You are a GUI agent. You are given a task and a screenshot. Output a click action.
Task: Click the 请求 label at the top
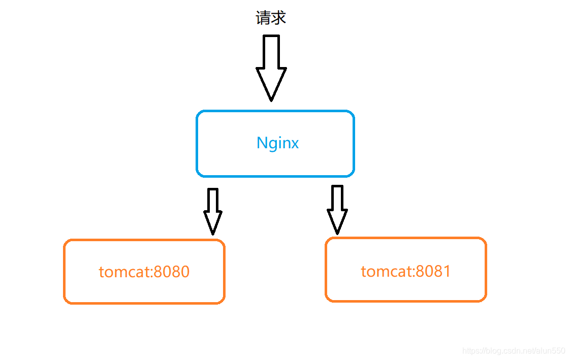pyautogui.click(x=271, y=18)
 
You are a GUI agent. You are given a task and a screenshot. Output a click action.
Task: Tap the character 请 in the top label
pyautogui.click(x=263, y=18)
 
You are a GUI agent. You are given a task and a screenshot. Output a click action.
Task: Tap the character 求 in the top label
pyautogui.click(x=279, y=18)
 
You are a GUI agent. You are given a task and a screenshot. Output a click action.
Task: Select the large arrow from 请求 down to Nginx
pyautogui.click(x=271, y=66)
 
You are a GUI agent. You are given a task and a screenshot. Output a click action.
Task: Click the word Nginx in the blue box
pyautogui.click(x=277, y=143)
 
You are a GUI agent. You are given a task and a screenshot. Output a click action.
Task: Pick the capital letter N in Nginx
pyautogui.click(x=262, y=143)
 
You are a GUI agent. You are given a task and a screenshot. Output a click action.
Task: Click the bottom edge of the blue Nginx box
pyautogui.click(x=275, y=176)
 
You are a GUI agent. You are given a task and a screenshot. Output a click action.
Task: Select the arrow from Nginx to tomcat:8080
pyautogui.click(x=213, y=211)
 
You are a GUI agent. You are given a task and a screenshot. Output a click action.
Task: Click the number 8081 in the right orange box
pyautogui.click(x=433, y=271)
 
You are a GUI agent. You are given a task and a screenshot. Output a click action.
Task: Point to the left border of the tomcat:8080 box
pyautogui.click(x=65, y=272)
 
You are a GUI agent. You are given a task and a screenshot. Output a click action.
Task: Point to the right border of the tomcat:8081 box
pyautogui.click(x=486, y=270)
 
